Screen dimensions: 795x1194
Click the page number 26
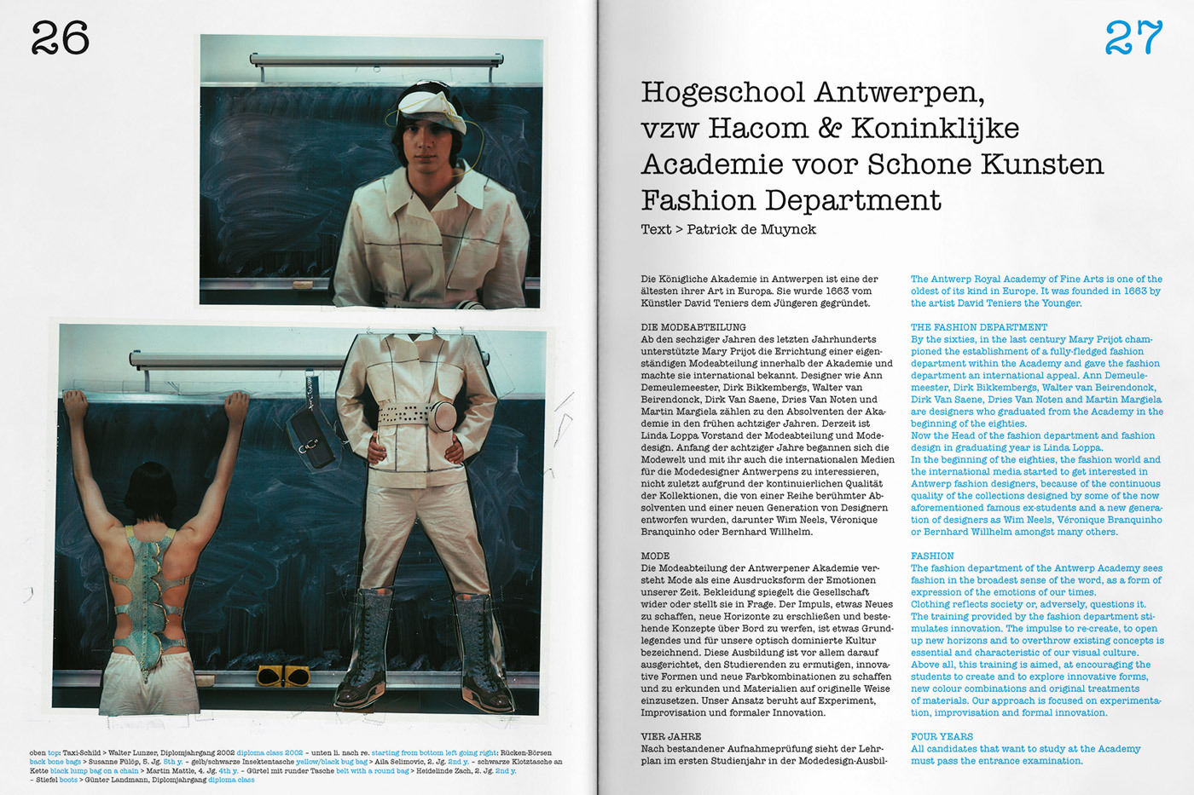(60, 38)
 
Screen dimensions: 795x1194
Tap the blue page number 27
(1133, 38)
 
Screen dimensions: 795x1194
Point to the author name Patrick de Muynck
(751, 229)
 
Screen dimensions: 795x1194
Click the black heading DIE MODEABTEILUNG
(693, 327)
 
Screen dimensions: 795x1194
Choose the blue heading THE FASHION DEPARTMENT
(978, 327)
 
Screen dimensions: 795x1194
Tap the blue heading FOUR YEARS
(942, 736)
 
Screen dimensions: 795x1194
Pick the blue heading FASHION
(932, 556)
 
